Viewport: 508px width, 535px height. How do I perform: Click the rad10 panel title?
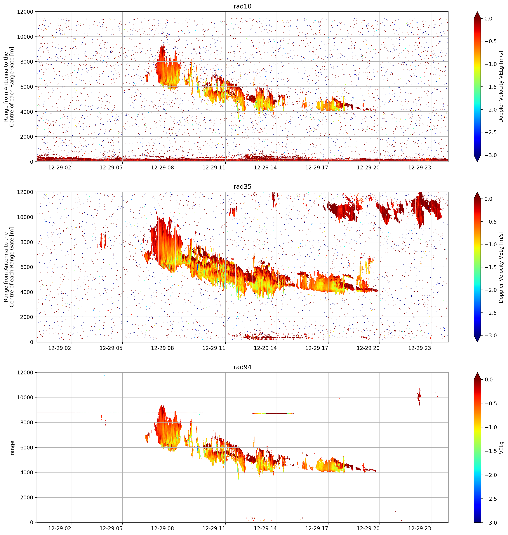242,6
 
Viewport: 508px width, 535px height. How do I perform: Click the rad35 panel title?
242,187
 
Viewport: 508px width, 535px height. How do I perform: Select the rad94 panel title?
242,367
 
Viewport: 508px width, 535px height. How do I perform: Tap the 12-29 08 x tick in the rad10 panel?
162,167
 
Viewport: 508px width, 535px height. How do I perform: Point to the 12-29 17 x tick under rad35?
317,348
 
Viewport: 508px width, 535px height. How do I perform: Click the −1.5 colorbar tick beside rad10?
490,87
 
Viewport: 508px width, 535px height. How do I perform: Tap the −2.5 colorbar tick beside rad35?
490,313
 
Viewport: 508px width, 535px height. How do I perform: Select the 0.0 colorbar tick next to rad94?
488,380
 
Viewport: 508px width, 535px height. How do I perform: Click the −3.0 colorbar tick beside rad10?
490,155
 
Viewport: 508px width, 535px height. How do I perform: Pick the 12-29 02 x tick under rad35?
60,348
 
